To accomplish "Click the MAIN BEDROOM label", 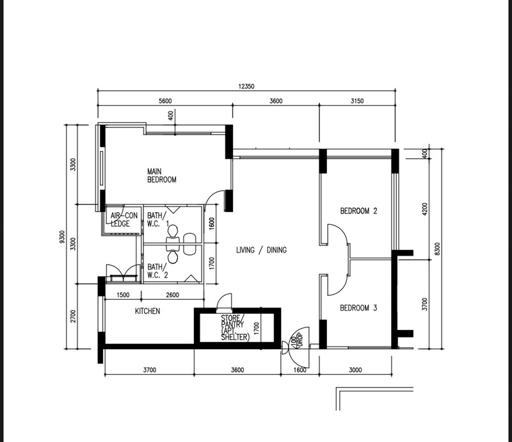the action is (x=162, y=176).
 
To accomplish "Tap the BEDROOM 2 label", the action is (x=358, y=211).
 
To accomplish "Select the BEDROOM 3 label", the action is (x=358, y=308).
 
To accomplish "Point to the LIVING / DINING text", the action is (x=261, y=250).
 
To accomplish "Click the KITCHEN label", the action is (x=148, y=311).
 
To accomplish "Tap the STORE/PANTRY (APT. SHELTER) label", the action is (x=235, y=328).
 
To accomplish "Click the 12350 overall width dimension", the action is (x=246, y=86).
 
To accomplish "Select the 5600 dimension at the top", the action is (x=165, y=101).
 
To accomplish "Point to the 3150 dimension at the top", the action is (x=357, y=101).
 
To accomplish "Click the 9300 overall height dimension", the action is (x=62, y=237).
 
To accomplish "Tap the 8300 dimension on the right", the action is (x=438, y=249).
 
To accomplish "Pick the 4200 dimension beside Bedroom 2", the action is (x=424, y=209).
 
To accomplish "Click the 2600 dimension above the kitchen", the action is (x=172, y=295).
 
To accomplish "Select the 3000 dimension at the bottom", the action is (x=355, y=370).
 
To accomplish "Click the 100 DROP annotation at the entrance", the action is (x=297, y=340).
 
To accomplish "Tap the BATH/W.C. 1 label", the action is (x=158, y=220).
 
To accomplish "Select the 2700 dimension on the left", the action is (x=73, y=316).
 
